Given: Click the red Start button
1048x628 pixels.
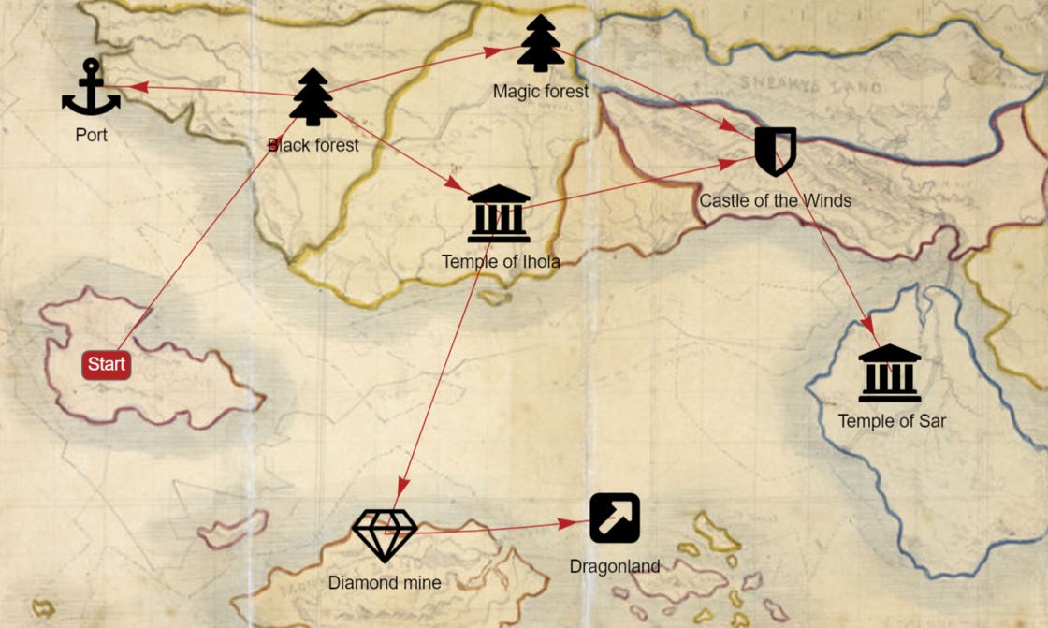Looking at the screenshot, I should [107, 365].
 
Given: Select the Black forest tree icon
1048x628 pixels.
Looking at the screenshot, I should [313, 97].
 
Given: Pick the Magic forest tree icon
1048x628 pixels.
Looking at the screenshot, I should [541, 44].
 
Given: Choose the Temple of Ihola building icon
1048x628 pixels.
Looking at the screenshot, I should [499, 214].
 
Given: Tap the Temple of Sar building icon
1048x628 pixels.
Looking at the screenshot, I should [890, 373].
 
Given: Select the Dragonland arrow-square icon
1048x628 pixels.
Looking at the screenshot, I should [615, 518].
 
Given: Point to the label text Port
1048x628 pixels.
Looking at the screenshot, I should [92, 136].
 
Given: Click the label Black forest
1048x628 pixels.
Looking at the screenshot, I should [313, 145].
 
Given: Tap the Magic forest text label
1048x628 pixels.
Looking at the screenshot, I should [541, 92].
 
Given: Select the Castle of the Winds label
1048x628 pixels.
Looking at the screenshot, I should [776, 200].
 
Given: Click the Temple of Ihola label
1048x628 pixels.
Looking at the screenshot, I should [501, 262].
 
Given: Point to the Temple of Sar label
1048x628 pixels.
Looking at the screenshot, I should [892, 421].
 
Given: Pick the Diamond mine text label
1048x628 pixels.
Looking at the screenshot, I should [385, 583].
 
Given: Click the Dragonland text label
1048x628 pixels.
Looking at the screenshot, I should [615, 566].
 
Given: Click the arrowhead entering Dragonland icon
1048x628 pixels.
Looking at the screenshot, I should [568, 524].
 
